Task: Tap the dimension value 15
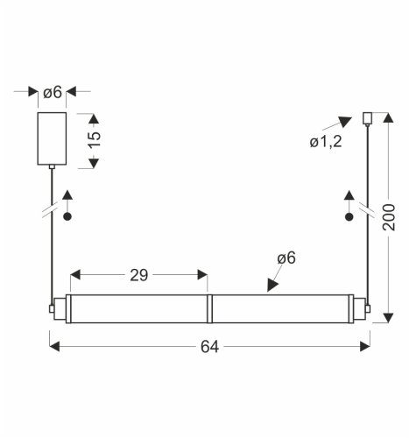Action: click(x=95, y=138)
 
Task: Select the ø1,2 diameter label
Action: click(x=325, y=142)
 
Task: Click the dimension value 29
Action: click(x=138, y=274)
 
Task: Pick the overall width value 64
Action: click(x=209, y=346)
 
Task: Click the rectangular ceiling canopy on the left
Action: click(x=51, y=138)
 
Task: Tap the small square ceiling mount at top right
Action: click(x=368, y=116)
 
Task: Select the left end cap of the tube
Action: click(x=59, y=308)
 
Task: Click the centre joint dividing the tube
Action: click(x=208, y=308)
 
